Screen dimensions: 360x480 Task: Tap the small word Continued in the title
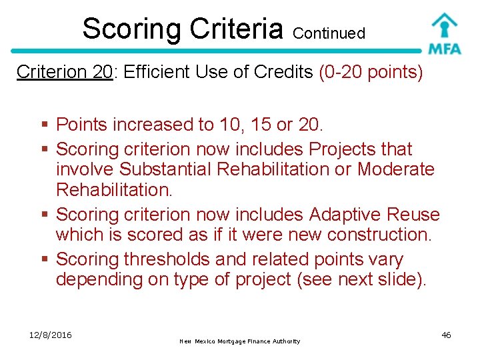click(329, 33)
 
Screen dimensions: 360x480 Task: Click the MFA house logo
click(444, 33)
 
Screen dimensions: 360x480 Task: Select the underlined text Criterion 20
click(64, 72)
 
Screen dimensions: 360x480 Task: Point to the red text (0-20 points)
click(371, 72)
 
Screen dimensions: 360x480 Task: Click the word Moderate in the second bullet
click(395, 169)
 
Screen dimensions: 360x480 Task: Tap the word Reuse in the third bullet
click(416, 215)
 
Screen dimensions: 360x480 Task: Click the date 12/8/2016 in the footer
click(51, 335)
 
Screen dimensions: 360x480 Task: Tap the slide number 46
click(446, 335)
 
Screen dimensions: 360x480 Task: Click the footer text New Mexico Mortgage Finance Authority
click(240, 341)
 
